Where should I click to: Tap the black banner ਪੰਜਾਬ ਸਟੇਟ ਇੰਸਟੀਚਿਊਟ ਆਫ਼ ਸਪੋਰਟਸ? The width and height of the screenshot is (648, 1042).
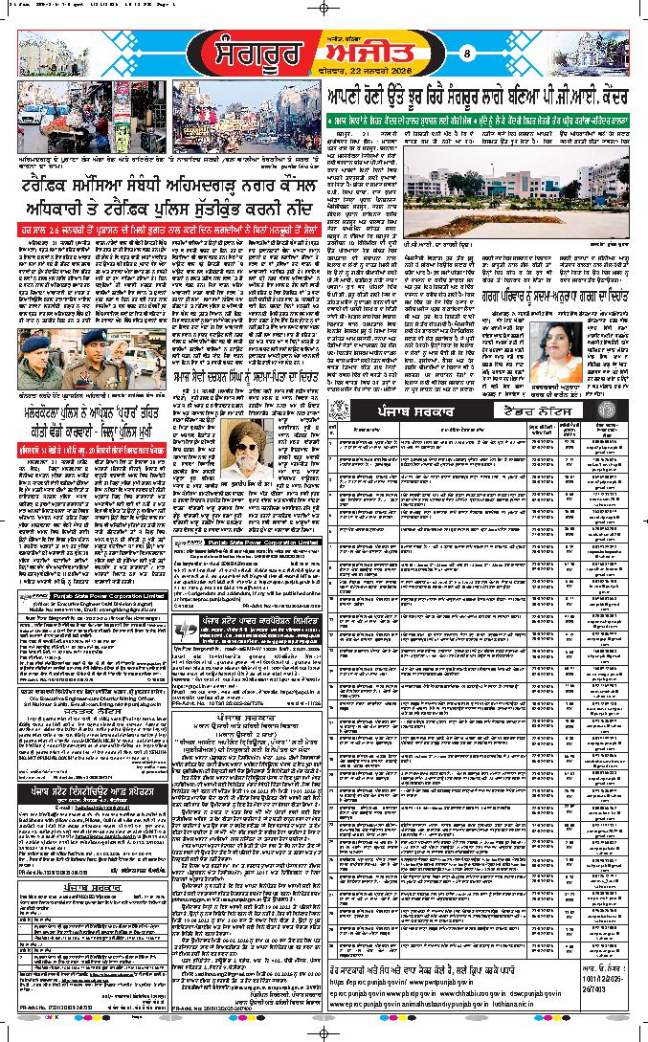(x=93, y=792)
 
